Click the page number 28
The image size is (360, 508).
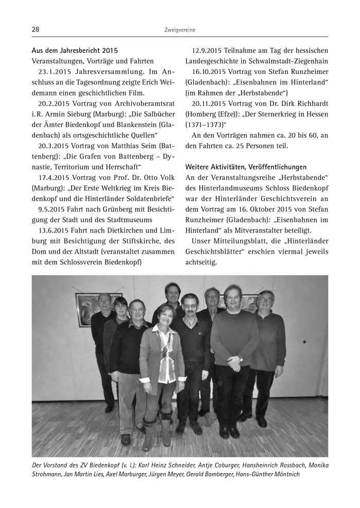35,30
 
